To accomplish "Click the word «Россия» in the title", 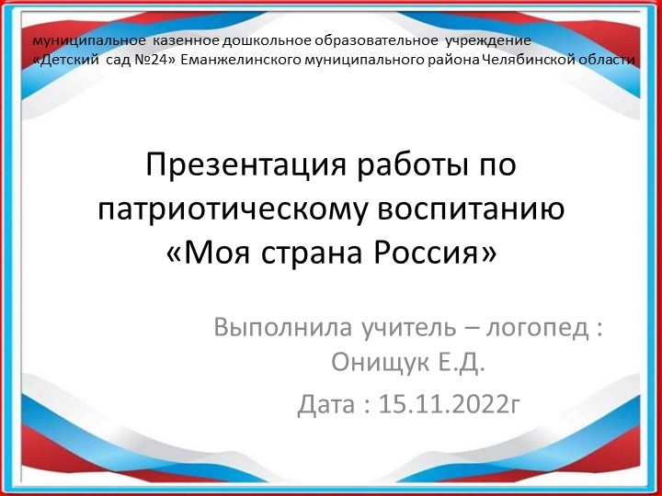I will pyautogui.click(x=428, y=251).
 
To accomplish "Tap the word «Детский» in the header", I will pyautogui.click(x=66, y=60).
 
